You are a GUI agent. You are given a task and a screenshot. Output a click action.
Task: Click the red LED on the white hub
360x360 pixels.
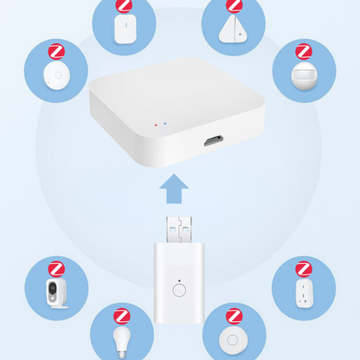click(156, 124)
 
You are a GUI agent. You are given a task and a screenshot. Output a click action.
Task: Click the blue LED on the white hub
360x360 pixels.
click(164, 125)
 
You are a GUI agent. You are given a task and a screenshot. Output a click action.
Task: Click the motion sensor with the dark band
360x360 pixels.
click(303, 75)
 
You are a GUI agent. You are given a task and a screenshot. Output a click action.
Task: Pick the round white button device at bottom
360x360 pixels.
click(235, 337)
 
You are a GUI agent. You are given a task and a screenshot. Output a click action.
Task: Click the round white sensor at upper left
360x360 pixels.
click(55, 77)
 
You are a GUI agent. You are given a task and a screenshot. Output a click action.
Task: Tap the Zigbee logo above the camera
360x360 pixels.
click(55, 268)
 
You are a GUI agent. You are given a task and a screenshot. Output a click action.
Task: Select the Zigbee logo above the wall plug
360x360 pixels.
click(304, 268)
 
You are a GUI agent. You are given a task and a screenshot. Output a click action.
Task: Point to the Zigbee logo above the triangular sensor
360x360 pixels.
click(235, 6)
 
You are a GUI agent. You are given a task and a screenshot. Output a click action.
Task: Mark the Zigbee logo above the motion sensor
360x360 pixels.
click(304, 52)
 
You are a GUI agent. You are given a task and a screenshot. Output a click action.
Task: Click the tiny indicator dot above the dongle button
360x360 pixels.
click(179, 281)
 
